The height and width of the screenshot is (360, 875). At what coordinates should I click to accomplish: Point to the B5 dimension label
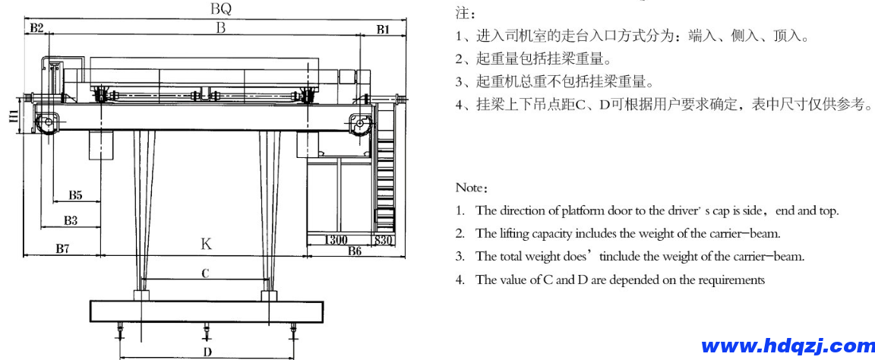pyautogui.click(x=75, y=195)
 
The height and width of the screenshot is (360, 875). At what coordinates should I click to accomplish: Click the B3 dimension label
pyautogui.click(x=71, y=220)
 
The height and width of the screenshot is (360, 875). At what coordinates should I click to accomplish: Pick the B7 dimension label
pyautogui.click(x=64, y=248)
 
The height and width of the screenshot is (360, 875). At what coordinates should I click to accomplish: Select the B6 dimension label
pyautogui.click(x=354, y=251)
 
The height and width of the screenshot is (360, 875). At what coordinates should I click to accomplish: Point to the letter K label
pyautogui.click(x=206, y=245)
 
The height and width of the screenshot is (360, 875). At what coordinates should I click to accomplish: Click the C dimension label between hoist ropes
pyautogui.click(x=205, y=274)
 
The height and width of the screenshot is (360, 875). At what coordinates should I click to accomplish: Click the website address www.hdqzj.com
pyautogui.click(x=788, y=346)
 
